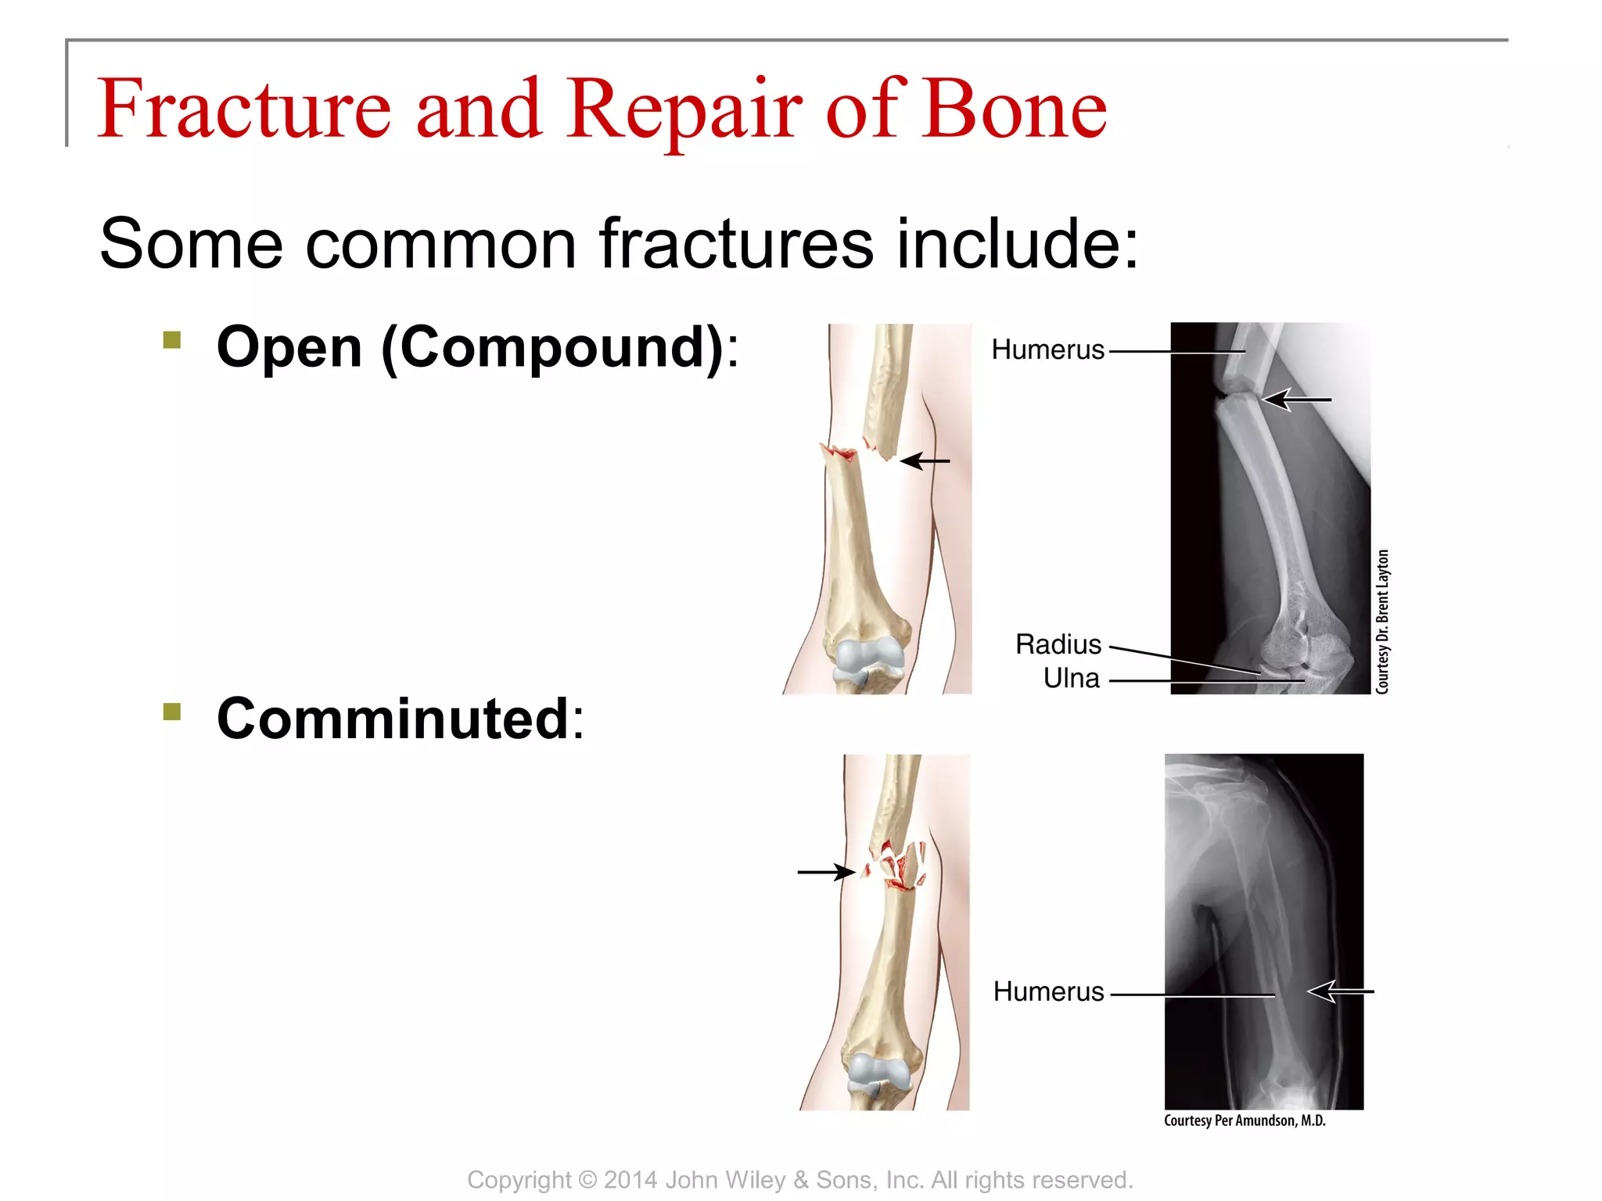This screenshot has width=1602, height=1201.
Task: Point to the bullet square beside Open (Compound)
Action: click(172, 340)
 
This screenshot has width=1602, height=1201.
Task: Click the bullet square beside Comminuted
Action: click(172, 712)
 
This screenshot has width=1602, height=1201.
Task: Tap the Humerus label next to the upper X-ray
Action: click(1047, 350)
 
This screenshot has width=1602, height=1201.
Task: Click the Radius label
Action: click(1058, 644)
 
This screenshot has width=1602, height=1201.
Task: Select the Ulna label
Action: click(1071, 678)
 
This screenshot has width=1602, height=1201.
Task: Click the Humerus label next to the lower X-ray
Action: click(1048, 991)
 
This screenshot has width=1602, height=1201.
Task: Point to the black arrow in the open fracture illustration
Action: click(925, 461)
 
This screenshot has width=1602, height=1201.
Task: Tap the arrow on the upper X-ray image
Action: click(1296, 400)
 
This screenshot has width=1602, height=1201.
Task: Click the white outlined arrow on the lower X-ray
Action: click(1339, 991)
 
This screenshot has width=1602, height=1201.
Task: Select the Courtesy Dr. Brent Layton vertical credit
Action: click(1382, 622)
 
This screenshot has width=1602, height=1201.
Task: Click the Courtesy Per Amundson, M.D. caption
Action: click(1244, 1120)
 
